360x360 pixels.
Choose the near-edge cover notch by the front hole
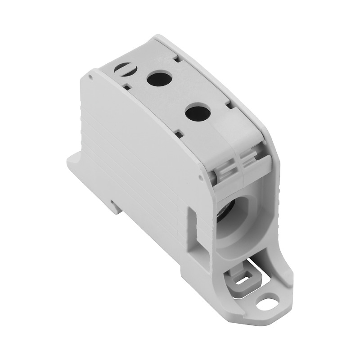tap(179, 133)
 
